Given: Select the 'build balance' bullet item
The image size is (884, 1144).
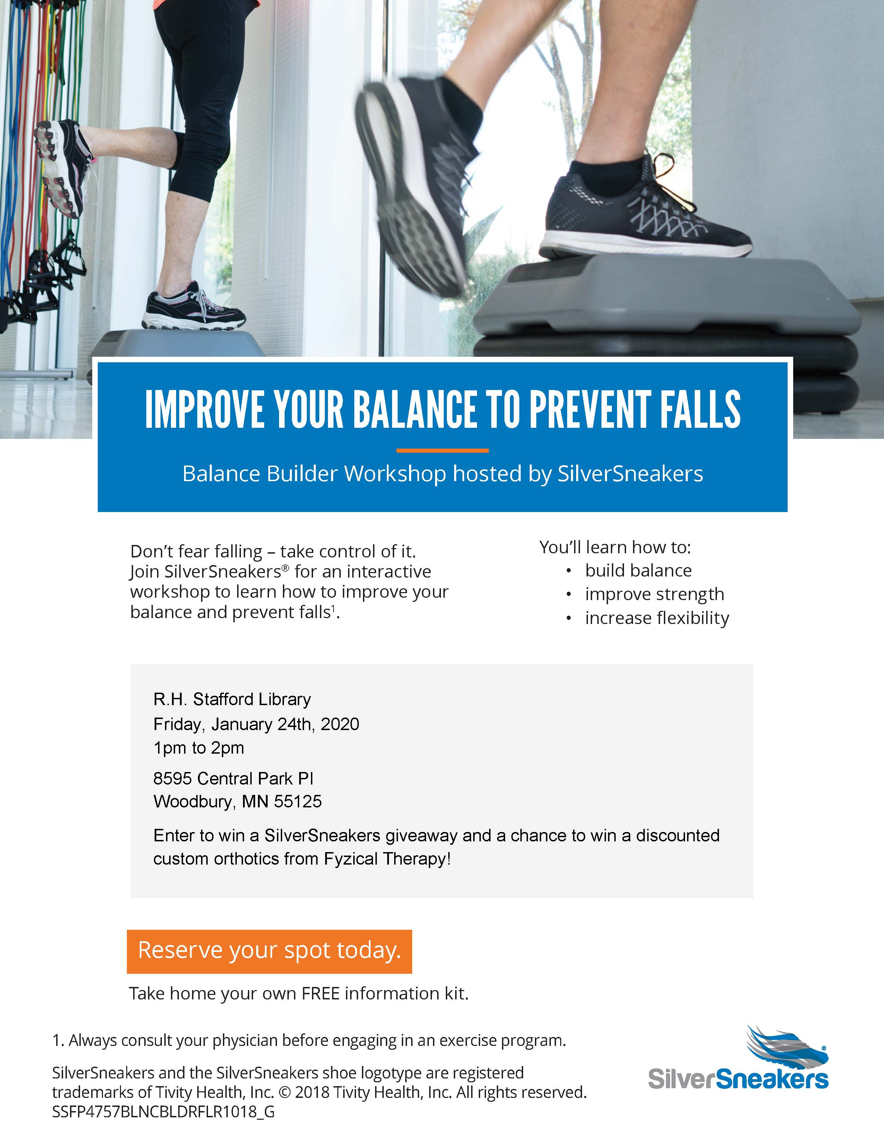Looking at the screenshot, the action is [638, 570].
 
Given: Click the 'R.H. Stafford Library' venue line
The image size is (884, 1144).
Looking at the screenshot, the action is [232, 699].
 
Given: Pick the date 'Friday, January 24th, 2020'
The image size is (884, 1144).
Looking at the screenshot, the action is [256, 725].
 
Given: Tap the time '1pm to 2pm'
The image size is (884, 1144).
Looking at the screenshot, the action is [199, 748].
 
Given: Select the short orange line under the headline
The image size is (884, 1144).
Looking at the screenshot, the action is [443, 450].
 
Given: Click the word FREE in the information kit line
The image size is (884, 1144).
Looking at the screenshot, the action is [321, 993].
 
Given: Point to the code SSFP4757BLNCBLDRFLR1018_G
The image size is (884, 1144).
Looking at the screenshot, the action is [163, 1111].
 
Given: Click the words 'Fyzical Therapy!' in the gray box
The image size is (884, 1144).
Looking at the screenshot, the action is [387, 859].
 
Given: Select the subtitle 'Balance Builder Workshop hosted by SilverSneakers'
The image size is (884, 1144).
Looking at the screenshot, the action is [443, 474].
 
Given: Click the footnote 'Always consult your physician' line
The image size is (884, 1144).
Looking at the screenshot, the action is [309, 1040].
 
